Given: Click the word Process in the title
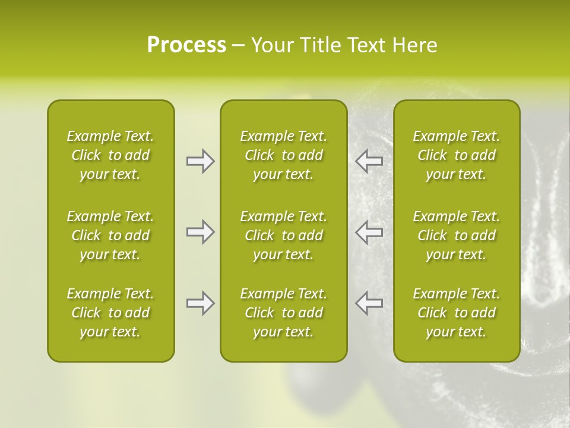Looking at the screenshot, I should pos(186,45).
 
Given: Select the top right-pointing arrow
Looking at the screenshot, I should pos(200,161).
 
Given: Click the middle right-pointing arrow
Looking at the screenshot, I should pos(200,232).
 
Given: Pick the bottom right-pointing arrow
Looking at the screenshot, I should pos(200,303).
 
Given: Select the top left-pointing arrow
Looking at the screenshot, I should pos(369,161).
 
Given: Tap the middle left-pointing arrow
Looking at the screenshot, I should pos(369,232).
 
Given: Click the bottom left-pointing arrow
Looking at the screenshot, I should pos(369,303).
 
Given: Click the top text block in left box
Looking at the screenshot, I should pos(110,155).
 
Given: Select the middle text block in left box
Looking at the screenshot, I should pos(110,235).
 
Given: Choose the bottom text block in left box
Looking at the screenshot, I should pos(110,313).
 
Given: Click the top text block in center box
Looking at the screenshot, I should pos(283,155).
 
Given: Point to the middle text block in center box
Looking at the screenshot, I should pos(283,235).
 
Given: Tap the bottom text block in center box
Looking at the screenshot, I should pos(283,313).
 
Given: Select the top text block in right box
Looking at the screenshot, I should pos(456,155).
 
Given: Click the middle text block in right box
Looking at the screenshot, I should pos(456,235).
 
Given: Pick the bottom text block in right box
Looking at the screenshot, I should pos(456,313).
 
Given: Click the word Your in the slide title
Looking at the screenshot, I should pos(273,45).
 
